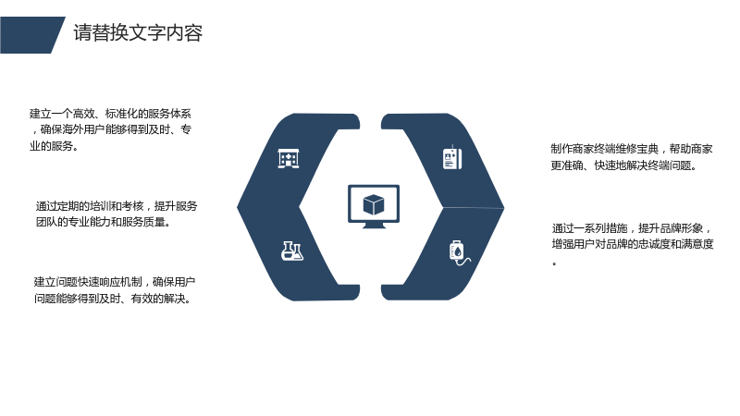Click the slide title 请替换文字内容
(138, 33)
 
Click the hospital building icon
(289, 158)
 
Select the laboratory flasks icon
(292, 251)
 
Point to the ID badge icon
(452, 158)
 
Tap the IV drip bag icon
(459, 252)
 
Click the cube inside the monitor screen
(374, 204)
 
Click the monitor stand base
(374, 226)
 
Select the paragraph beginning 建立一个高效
(110, 129)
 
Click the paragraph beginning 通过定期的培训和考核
(117, 214)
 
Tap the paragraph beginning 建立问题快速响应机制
(114, 290)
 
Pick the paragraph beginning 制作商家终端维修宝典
(632, 157)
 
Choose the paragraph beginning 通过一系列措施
(633, 244)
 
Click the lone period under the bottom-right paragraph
(554, 263)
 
